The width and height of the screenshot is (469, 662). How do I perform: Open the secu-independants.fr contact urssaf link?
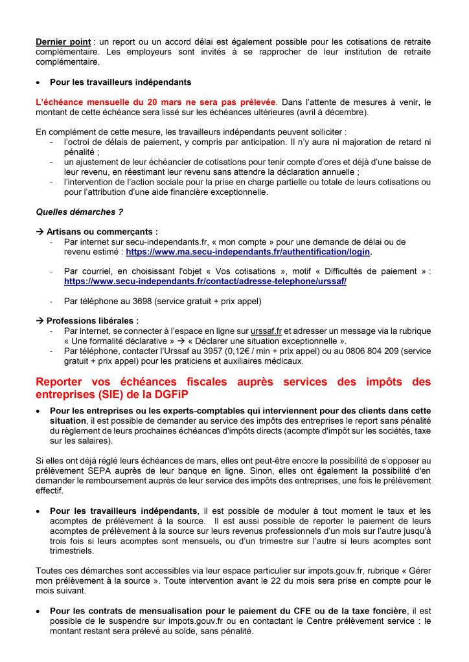click(x=205, y=281)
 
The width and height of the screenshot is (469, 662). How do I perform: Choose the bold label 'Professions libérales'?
click(x=97, y=320)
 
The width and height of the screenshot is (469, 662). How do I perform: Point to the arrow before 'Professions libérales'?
click(x=40, y=320)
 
